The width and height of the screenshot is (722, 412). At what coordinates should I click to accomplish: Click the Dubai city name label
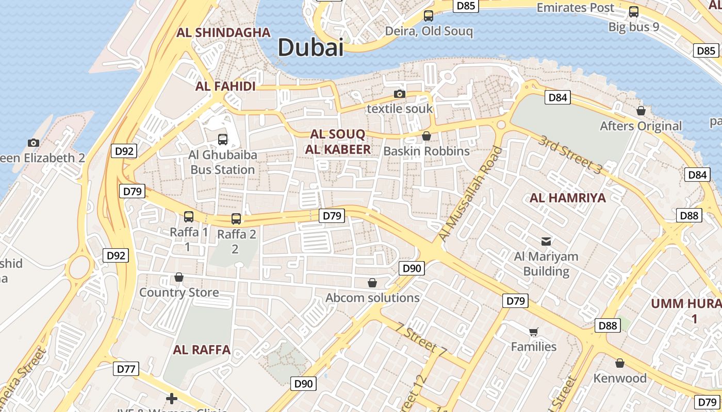click(310, 47)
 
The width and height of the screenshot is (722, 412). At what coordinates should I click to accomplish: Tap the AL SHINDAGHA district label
click(223, 32)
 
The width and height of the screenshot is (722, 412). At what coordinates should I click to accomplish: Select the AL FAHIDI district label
click(225, 86)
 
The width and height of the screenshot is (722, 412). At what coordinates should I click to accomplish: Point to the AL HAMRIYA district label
click(568, 198)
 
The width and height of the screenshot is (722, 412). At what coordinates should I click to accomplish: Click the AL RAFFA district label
click(202, 350)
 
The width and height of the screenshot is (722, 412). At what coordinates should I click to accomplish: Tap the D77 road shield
click(126, 369)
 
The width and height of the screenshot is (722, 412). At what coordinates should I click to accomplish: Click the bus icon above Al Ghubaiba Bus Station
click(223, 139)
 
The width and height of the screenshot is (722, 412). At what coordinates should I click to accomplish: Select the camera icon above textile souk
click(399, 94)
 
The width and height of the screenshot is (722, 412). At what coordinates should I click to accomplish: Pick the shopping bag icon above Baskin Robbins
click(426, 136)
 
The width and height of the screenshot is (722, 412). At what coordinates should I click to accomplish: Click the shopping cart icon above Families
click(534, 332)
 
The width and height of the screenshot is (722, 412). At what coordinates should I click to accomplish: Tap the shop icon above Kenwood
click(620, 363)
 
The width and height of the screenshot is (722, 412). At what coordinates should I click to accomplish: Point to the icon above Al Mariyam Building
click(546, 241)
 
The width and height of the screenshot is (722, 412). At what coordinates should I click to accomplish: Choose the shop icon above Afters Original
click(641, 111)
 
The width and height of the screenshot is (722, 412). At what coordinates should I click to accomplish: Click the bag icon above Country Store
click(179, 278)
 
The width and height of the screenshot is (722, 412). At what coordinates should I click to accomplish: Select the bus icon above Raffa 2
click(236, 219)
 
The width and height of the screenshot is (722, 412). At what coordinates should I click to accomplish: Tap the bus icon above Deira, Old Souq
click(429, 15)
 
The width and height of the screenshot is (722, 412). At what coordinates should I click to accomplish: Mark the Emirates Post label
click(576, 8)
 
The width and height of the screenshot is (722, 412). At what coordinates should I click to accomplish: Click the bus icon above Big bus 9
click(634, 12)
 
